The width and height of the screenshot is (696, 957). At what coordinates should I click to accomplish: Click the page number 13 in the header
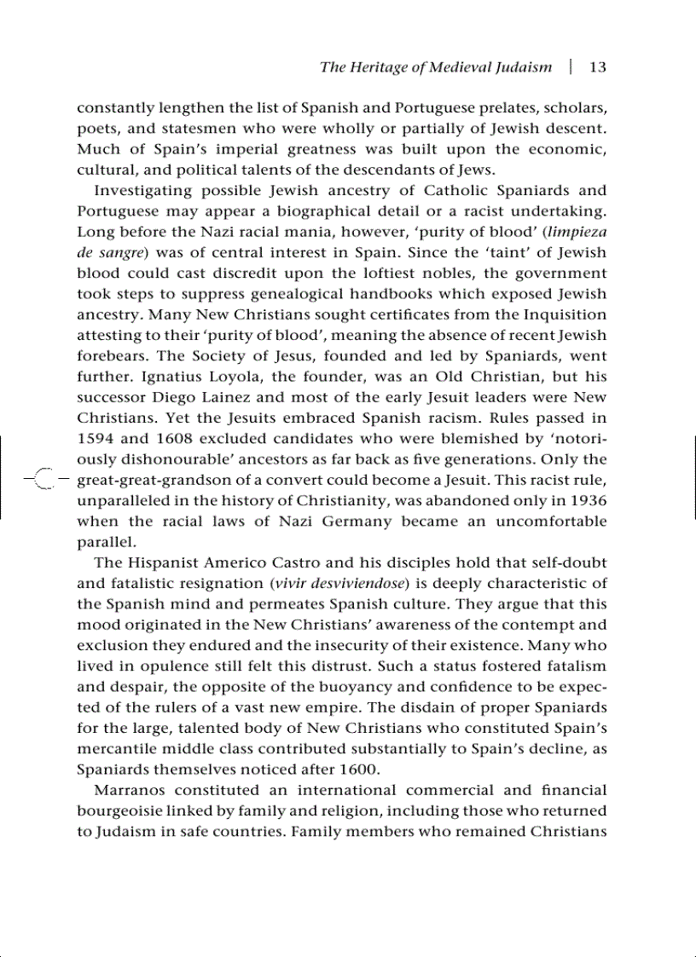(597, 67)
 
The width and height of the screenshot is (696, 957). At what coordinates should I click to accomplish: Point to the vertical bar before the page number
(571, 67)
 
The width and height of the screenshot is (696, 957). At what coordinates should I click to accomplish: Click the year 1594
(96, 439)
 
